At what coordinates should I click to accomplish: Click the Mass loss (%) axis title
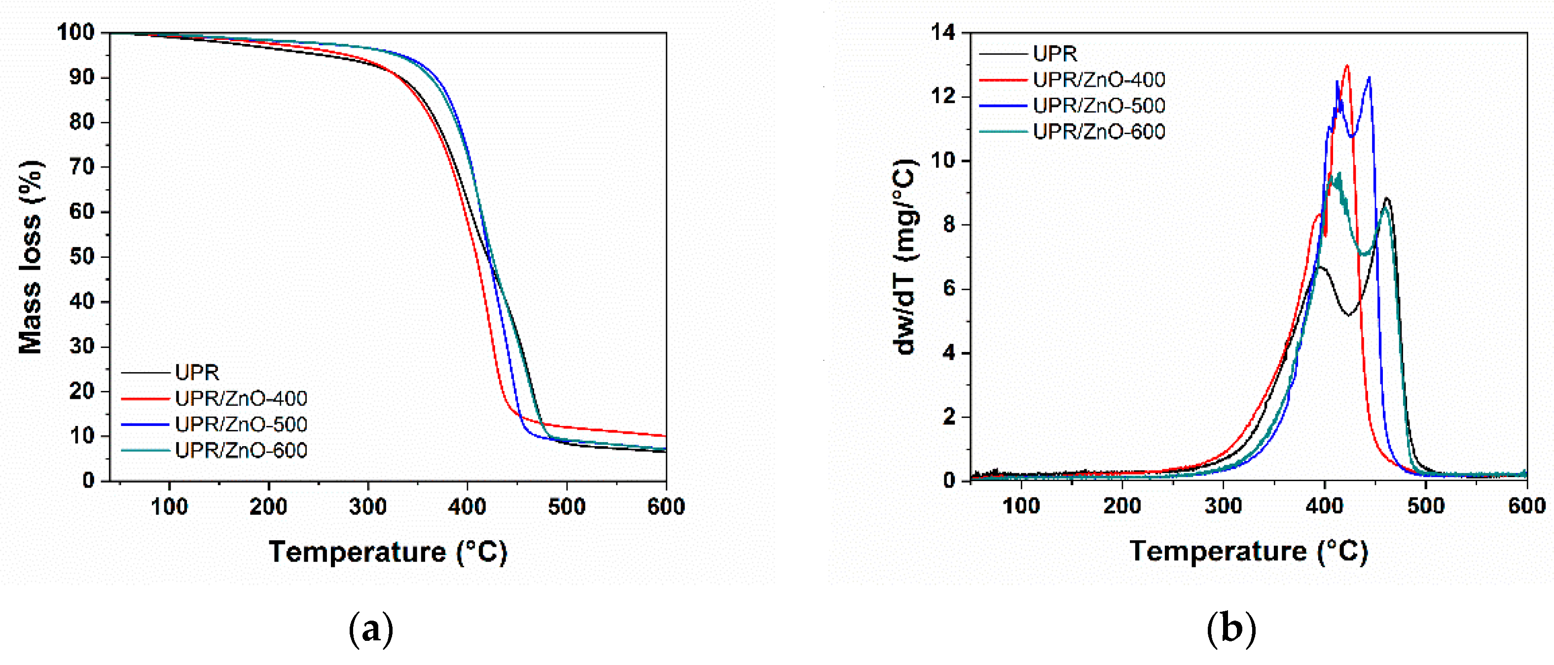[x=30, y=257]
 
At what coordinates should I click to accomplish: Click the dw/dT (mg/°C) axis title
[x=905, y=257]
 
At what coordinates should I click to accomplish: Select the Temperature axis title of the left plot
[x=388, y=552]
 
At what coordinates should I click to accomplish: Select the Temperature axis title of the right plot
[x=1248, y=552]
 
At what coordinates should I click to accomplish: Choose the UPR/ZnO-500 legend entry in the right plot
[x=1098, y=106]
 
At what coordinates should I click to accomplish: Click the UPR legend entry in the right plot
[x=1054, y=54]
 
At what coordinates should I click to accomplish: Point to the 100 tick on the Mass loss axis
[x=76, y=33]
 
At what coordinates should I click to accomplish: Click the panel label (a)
[x=371, y=630]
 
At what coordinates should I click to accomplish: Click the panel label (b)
[x=1231, y=630]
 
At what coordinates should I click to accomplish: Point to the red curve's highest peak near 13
[x=1347, y=66]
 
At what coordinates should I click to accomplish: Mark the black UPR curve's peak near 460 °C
[x=1387, y=198]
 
